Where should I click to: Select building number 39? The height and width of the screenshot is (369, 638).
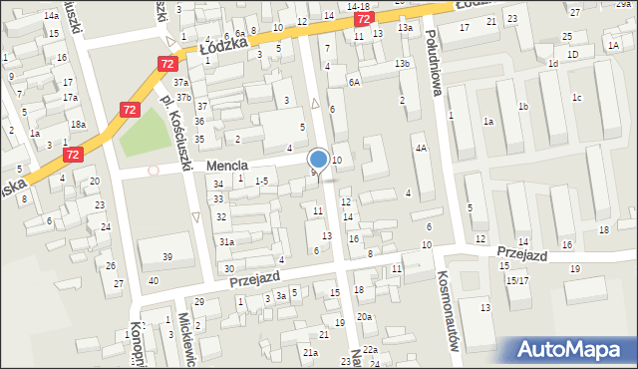167,257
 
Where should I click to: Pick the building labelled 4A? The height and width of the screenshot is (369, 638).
421,148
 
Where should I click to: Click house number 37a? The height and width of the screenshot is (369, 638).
180,82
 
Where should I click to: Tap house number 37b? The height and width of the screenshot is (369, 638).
184,97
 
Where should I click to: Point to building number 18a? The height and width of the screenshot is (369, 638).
78,124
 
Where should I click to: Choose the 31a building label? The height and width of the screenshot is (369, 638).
226,241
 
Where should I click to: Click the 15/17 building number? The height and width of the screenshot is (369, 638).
517,280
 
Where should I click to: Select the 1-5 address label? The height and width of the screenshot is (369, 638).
261,181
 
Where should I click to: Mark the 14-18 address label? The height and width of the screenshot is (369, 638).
358,6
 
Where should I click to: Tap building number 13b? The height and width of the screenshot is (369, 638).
401,64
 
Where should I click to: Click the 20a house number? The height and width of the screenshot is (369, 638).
365,316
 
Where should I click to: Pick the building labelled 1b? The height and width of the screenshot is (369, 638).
521,107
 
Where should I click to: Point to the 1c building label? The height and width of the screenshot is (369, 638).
576,97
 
